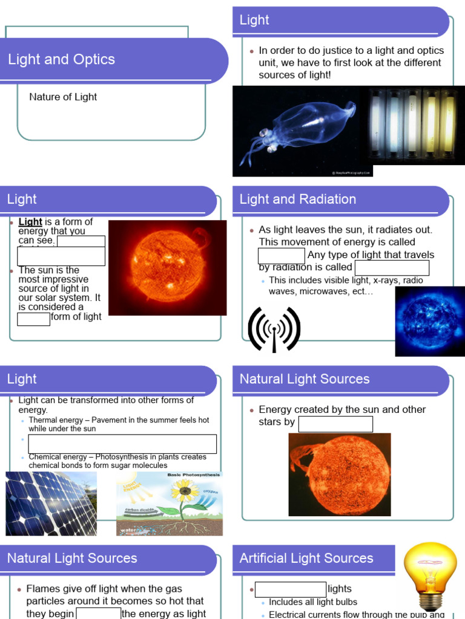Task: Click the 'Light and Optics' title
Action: (61, 59)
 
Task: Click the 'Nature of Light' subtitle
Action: (63, 97)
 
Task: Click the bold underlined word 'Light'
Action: (30, 222)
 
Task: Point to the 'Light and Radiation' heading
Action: (298, 199)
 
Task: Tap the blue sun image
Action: (429, 321)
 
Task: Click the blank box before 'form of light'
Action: (34, 319)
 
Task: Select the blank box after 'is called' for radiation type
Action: (392, 268)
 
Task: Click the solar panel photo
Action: (51, 503)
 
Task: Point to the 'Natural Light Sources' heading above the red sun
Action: (305, 379)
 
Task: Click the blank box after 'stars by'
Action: (335, 424)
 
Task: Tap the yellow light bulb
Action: (430, 571)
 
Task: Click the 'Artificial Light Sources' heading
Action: (306, 559)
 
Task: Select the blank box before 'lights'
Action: (291, 589)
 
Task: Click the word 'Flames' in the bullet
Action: (44, 589)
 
